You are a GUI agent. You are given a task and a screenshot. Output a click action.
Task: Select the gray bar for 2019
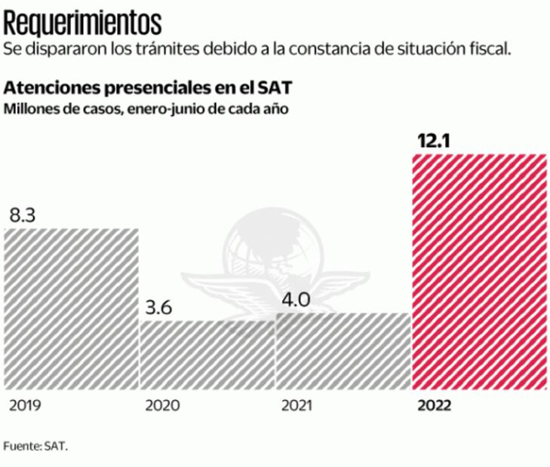71,309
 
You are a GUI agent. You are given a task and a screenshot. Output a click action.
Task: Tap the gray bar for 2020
207,354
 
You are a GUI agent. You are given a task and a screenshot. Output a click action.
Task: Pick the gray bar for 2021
343,351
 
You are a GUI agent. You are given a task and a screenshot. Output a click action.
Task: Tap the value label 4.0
296,299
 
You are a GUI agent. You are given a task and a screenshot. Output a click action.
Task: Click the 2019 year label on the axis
25,406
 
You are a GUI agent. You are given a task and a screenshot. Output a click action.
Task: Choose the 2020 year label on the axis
161,406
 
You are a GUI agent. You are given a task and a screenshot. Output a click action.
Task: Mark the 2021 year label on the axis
297,406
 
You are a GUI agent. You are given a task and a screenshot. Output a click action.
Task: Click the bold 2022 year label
435,406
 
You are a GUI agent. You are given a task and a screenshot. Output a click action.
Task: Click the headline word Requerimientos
82,20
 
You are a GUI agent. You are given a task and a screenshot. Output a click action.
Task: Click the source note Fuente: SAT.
35,445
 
